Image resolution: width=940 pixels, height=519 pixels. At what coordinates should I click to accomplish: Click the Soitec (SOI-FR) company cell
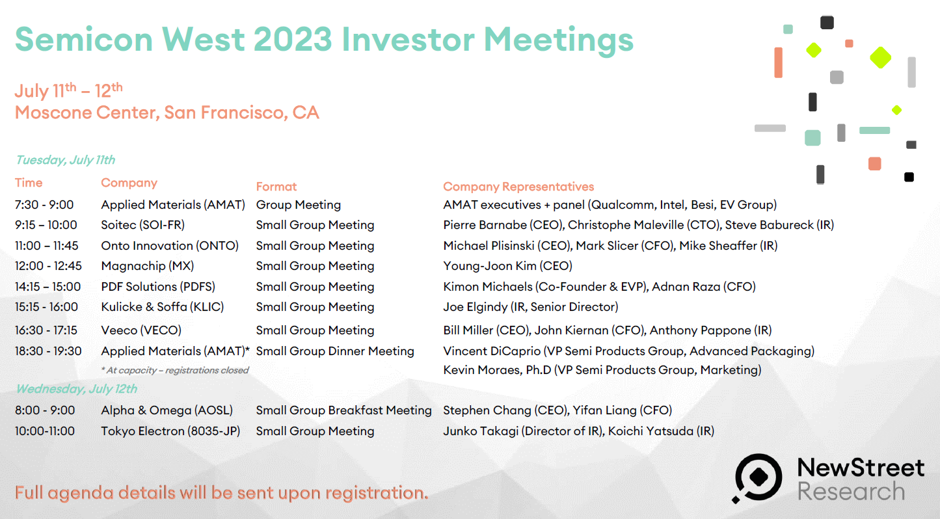tap(142, 225)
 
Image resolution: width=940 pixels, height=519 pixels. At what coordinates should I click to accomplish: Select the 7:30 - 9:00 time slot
tap(44, 205)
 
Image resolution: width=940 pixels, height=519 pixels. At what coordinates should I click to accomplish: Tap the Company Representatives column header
tap(518, 187)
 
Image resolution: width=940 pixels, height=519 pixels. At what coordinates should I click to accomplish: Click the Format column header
tap(276, 187)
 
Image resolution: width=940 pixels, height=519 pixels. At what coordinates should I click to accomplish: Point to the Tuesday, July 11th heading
tap(66, 160)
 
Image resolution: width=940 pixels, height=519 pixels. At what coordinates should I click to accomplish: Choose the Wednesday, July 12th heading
tap(77, 389)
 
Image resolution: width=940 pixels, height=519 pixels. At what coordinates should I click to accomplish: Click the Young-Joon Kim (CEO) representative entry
tap(508, 266)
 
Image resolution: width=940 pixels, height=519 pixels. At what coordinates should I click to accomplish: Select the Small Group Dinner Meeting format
tap(335, 351)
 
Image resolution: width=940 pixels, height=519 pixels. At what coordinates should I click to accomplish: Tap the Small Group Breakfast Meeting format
tap(343, 410)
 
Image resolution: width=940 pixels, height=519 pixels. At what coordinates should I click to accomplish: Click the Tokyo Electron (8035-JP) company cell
tap(171, 431)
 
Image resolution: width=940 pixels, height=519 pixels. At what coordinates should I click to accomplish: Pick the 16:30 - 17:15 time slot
tap(46, 330)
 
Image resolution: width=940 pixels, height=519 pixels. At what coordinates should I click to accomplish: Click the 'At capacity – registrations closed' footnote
tap(175, 371)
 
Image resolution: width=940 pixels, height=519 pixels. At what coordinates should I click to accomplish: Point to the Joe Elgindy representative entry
tap(531, 307)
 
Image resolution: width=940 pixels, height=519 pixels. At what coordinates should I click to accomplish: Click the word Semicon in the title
tap(84, 40)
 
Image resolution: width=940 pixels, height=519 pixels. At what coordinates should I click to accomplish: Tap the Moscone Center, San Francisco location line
tap(167, 113)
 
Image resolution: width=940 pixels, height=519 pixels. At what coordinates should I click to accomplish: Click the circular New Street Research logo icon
tap(758, 478)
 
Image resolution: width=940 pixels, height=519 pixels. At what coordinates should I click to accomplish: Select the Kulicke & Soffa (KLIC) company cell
tap(163, 307)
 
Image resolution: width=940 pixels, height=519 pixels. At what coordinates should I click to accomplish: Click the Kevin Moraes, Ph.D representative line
tap(602, 370)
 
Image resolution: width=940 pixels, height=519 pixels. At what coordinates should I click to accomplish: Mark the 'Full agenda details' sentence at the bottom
tap(222, 493)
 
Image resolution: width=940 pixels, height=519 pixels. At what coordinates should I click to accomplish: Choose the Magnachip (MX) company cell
tap(147, 266)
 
